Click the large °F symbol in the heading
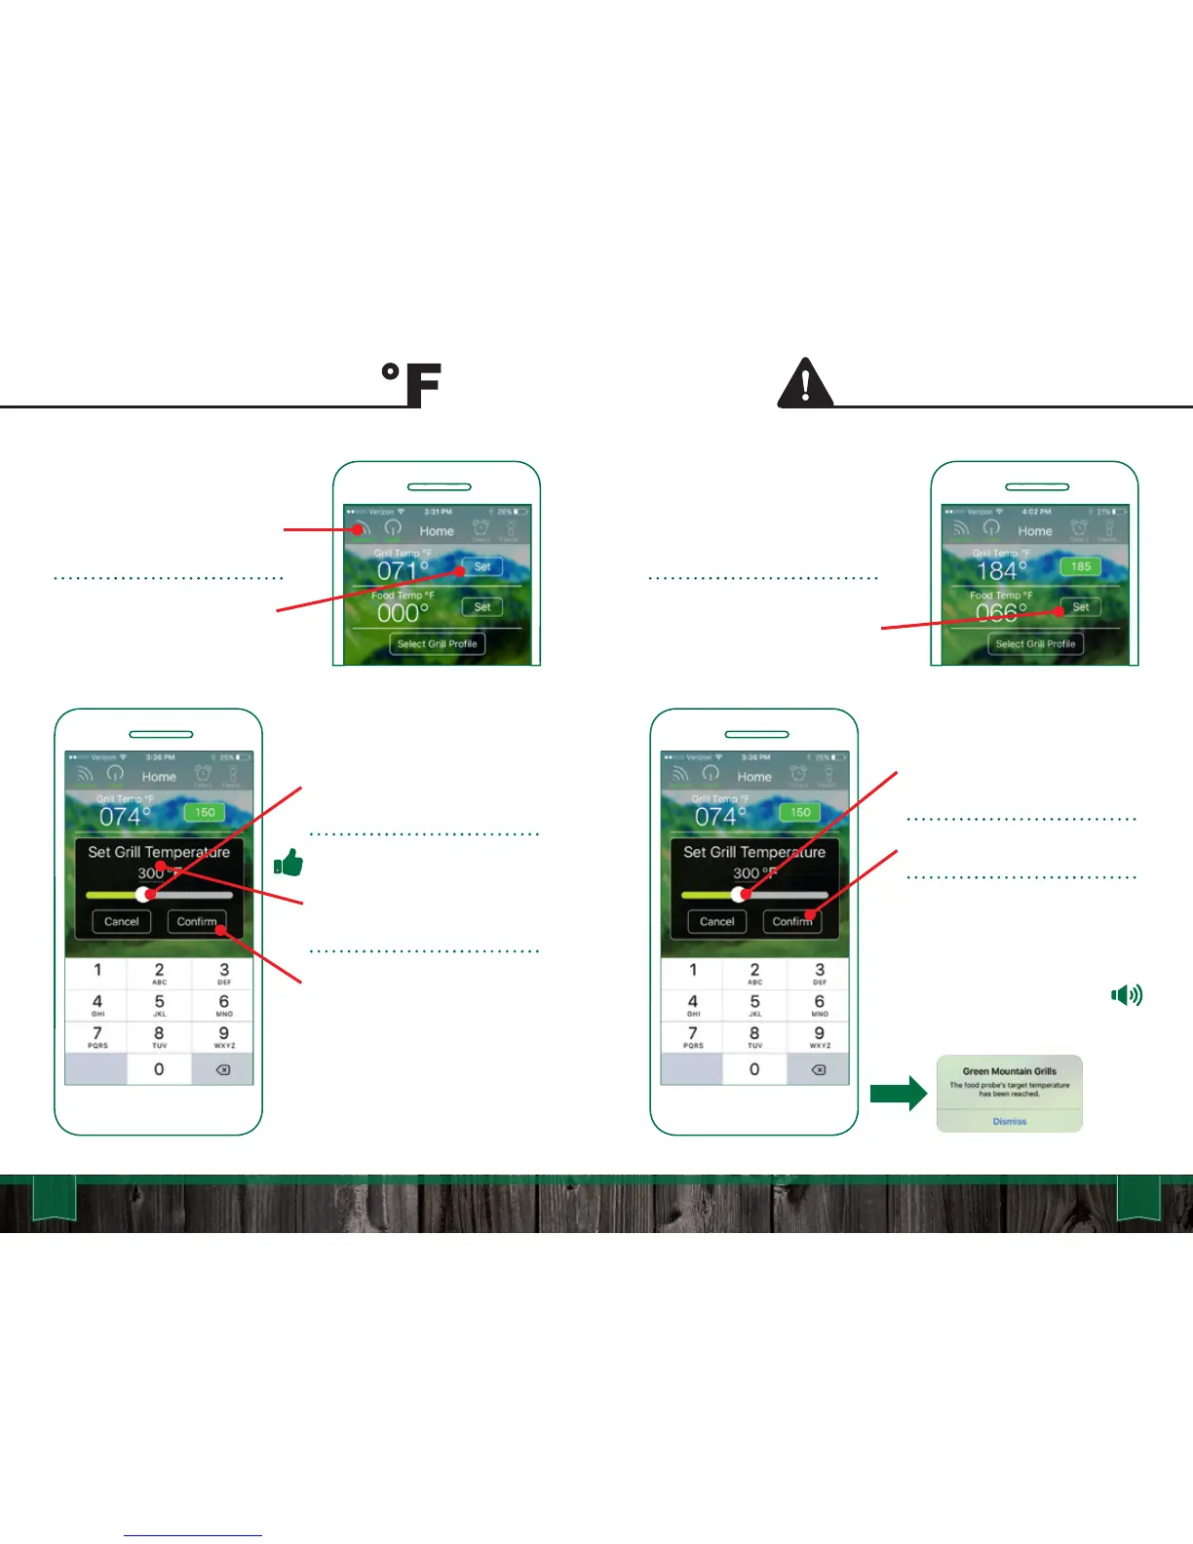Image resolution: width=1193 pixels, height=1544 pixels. click(412, 384)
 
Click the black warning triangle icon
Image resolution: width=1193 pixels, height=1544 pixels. click(805, 384)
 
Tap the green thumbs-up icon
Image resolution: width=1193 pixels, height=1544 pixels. click(289, 863)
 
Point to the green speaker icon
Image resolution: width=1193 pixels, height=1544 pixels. click(1127, 994)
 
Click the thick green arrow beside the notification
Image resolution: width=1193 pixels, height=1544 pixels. click(898, 1094)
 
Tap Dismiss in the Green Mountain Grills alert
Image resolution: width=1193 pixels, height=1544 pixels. click(1010, 1121)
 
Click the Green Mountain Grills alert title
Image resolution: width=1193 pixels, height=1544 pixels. click(1010, 1070)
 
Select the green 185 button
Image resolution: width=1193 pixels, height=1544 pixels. click(1081, 566)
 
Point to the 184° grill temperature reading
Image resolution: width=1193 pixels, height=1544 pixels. click(1001, 570)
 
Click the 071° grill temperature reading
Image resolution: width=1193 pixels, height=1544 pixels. click(403, 570)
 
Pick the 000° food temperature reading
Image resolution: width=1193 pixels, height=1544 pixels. click(403, 613)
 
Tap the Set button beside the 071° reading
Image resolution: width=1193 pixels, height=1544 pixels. click(482, 566)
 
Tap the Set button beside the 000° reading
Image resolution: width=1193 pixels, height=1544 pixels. click(482, 606)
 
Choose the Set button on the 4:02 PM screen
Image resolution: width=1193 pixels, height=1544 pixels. click(1081, 606)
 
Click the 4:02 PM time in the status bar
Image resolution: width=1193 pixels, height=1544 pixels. click(1036, 511)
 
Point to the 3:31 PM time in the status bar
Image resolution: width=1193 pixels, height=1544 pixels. click(438, 511)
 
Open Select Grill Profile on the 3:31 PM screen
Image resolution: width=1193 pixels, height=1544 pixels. click(437, 643)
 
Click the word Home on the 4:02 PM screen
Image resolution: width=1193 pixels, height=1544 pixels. click(1035, 531)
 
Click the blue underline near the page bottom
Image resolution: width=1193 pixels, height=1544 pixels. click(193, 1535)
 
